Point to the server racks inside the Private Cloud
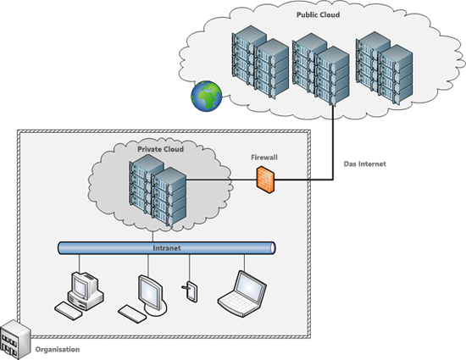[x=157, y=193]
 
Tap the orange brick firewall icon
[x=265, y=179]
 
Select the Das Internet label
[x=365, y=163]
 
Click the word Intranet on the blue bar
[x=166, y=248]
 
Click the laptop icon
[x=242, y=290]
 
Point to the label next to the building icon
[x=56, y=348]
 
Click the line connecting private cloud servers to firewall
[x=220, y=180]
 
